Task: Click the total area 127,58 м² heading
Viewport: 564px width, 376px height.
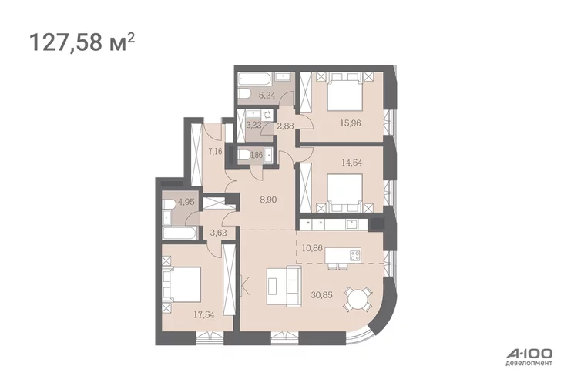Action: [82, 42]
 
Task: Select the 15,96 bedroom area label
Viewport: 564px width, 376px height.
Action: [351, 123]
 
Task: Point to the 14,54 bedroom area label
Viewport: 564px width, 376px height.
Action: [351, 163]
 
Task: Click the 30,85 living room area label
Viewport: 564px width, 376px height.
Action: [321, 295]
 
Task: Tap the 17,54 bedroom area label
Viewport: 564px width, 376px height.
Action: [204, 315]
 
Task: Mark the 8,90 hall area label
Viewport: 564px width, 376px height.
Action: [268, 200]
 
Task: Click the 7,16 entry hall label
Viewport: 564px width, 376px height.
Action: [215, 151]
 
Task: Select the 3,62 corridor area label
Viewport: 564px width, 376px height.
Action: [218, 233]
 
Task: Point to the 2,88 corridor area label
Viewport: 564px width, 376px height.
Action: [285, 126]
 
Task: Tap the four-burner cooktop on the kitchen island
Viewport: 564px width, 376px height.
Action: [355, 255]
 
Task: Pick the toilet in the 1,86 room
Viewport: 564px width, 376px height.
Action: [244, 156]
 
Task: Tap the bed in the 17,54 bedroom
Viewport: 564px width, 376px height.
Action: [182, 284]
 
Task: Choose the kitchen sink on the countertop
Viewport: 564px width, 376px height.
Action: [352, 224]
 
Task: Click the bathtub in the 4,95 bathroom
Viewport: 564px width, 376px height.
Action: [179, 233]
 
